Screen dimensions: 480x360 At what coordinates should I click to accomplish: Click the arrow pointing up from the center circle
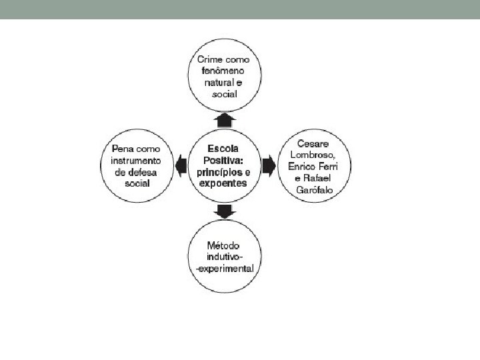click(225, 120)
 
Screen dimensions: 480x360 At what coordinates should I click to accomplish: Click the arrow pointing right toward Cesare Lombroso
click(269, 164)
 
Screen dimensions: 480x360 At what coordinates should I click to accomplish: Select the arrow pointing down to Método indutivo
click(225, 211)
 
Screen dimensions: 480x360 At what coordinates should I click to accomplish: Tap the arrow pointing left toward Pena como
click(181, 164)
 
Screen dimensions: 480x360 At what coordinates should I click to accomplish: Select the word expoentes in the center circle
click(223, 182)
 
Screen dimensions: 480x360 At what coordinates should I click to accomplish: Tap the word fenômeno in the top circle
click(223, 71)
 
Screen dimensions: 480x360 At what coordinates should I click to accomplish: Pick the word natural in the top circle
click(220, 82)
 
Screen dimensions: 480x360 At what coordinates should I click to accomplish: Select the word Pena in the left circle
click(123, 148)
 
